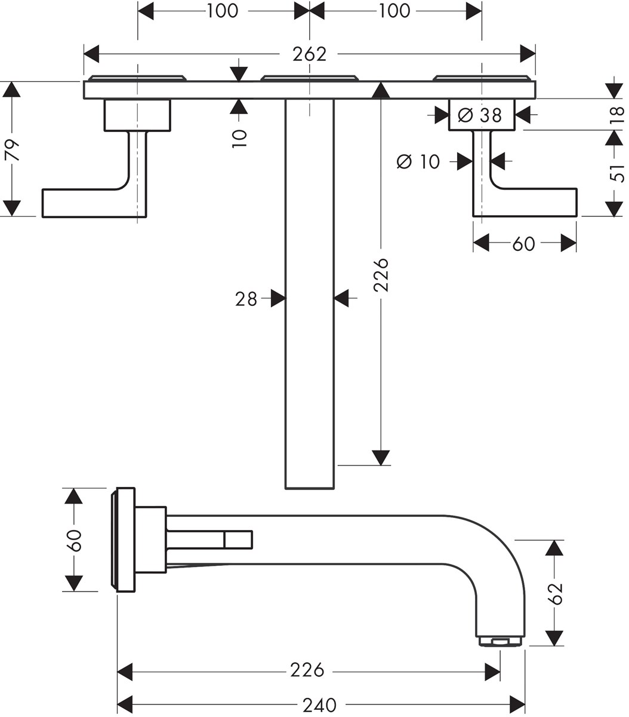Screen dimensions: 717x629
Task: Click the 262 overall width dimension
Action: pyautogui.click(x=309, y=54)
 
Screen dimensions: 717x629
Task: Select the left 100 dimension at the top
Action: pyautogui.click(x=222, y=11)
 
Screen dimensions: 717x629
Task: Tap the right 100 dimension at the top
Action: pyautogui.click(x=394, y=11)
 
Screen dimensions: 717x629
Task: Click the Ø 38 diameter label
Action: pyautogui.click(x=482, y=114)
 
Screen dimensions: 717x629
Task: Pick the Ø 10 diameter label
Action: pyautogui.click(x=418, y=161)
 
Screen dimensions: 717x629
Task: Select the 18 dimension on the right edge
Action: pyautogui.click(x=617, y=112)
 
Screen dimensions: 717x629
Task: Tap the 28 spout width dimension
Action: pyautogui.click(x=246, y=298)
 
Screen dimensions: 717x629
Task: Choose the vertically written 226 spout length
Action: pyautogui.click(x=381, y=274)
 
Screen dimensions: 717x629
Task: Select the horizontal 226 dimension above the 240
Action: pyautogui.click(x=307, y=670)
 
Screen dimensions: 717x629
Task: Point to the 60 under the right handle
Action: pyautogui.click(x=523, y=244)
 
